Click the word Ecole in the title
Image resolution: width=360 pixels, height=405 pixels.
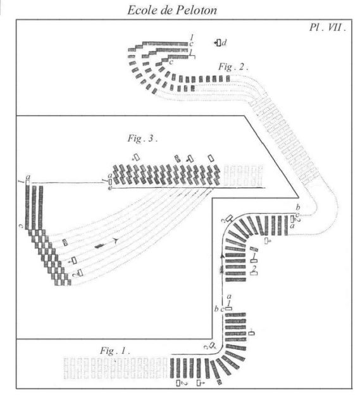tap(142, 10)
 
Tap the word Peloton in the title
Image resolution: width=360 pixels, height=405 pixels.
tap(197, 10)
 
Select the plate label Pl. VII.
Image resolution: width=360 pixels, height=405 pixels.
tap(328, 27)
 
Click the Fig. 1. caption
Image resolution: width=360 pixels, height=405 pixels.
tap(115, 351)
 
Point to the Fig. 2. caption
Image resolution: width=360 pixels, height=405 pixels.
tap(233, 66)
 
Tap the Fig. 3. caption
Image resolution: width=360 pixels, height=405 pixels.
tap(142, 139)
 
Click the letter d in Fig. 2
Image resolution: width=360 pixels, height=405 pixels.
tap(224, 42)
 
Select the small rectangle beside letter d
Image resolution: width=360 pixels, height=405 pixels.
tap(219, 42)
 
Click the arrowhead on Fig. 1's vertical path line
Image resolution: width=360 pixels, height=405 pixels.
tap(221, 256)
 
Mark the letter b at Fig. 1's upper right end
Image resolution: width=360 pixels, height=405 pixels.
tap(298, 207)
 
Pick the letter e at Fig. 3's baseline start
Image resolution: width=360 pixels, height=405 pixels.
tap(109, 188)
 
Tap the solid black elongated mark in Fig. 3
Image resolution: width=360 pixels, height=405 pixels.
tap(99, 246)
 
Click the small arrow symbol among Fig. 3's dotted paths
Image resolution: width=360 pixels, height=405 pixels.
tap(116, 241)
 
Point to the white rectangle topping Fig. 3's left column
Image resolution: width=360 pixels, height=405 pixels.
tap(28, 182)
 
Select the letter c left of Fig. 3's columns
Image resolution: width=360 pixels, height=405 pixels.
tap(21, 227)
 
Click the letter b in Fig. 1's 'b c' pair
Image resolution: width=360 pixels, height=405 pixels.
tap(216, 308)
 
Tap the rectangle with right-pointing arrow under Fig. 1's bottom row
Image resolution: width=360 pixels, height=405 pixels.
tap(201, 383)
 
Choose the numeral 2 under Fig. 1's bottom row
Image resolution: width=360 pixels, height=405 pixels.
tap(184, 383)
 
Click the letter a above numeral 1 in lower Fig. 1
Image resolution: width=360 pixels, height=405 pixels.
tap(229, 297)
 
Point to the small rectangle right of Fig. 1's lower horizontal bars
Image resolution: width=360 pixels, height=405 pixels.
tap(251, 333)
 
